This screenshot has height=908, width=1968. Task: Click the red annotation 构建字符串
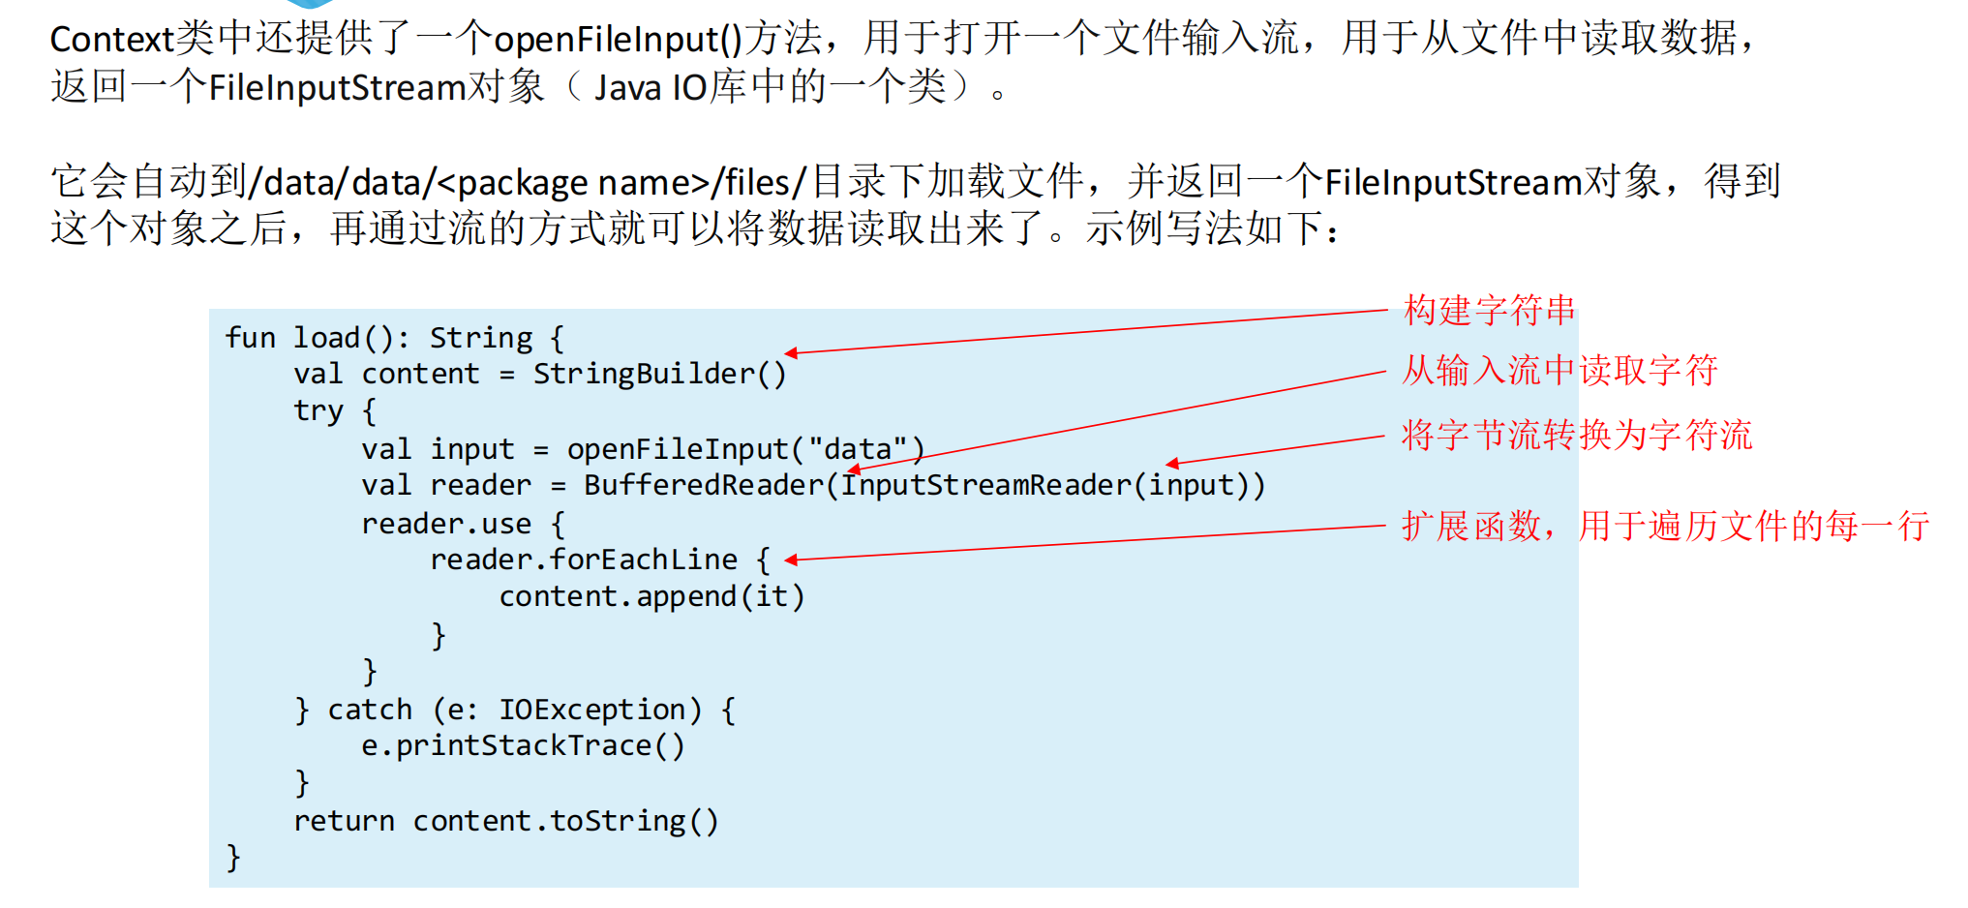(1489, 311)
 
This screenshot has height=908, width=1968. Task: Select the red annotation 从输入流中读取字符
(1559, 371)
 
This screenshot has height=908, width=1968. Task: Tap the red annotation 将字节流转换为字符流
(1577, 436)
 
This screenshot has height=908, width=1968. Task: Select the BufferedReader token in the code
(703, 485)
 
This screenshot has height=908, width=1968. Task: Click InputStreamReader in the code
(984, 485)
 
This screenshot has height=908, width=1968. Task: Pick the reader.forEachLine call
(583, 560)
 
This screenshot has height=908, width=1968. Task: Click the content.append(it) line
(651, 596)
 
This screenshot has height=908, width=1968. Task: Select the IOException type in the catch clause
(591, 710)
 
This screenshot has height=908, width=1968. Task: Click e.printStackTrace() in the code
(523, 746)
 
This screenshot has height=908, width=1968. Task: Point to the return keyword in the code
(344, 821)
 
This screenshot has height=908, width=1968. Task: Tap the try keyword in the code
(318, 411)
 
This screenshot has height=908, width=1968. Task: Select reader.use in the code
(446, 524)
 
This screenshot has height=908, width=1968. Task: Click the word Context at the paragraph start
(111, 40)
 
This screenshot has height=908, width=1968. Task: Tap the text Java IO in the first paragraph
(650, 88)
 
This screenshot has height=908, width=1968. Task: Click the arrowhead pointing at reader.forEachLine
(791, 560)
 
